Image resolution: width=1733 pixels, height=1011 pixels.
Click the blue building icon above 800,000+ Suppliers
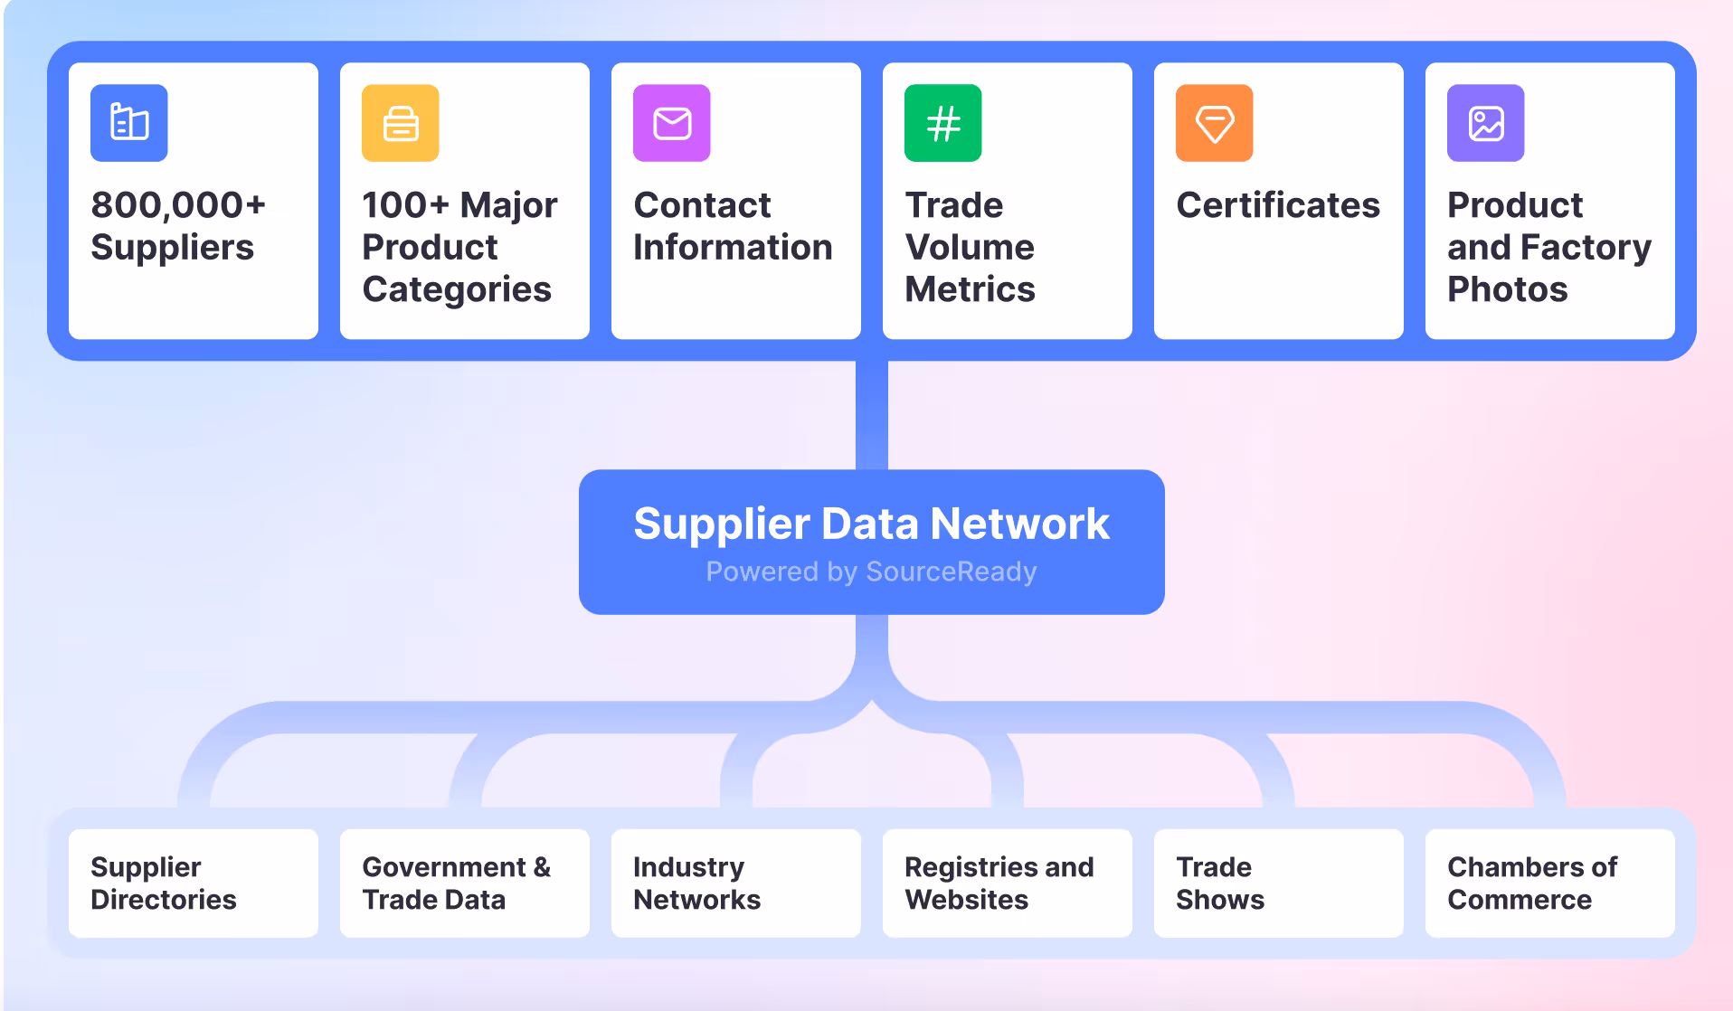[x=129, y=123]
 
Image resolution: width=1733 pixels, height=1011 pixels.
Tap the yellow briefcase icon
[x=401, y=123]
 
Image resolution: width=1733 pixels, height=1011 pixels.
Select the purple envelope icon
[x=672, y=123]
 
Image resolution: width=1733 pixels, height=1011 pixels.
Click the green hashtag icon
[x=943, y=123]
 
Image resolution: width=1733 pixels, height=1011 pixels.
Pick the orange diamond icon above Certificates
[x=1215, y=123]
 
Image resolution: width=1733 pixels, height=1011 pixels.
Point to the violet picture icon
[x=1486, y=123]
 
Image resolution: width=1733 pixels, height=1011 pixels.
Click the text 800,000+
[x=178, y=205]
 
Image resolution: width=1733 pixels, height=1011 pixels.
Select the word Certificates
[x=1278, y=205]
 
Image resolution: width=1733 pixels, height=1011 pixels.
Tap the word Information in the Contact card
[x=733, y=248]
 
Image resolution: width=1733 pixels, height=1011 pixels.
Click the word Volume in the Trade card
[x=970, y=248]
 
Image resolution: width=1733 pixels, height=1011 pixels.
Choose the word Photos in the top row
[x=1507, y=289]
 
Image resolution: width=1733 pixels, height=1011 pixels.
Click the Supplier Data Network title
[x=871, y=524]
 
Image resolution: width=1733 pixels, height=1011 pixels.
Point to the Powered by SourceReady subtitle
[x=871, y=572]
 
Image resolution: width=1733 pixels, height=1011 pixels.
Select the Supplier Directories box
[x=194, y=883]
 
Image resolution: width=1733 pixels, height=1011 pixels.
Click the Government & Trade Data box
[x=465, y=883]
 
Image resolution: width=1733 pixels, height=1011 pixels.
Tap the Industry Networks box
[x=736, y=883]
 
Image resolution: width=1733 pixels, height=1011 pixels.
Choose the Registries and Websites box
[x=1008, y=883]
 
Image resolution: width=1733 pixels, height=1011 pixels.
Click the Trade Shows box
[x=1279, y=883]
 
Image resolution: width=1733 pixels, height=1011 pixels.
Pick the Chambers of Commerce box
[x=1550, y=883]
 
